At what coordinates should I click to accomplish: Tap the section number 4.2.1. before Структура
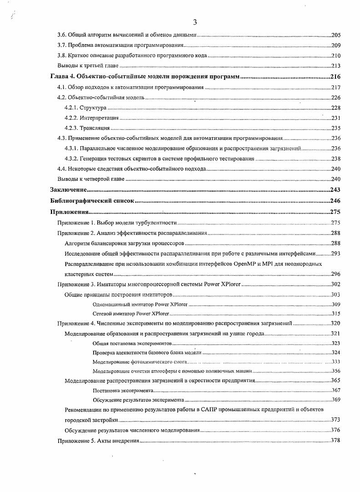click(x=71, y=108)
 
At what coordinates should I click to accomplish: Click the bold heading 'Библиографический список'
click(x=92, y=201)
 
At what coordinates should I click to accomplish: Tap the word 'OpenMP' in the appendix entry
click(x=248, y=263)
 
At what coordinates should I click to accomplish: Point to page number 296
click(x=336, y=274)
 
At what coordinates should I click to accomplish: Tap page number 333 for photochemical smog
click(x=336, y=362)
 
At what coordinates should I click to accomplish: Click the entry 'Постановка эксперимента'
click(x=123, y=390)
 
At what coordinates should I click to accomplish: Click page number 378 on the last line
click(x=336, y=440)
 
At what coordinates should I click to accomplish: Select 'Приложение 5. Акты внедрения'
click(x=98, y=440)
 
